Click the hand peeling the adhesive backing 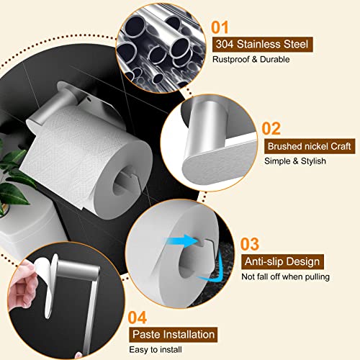click(x=18, y=288)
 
